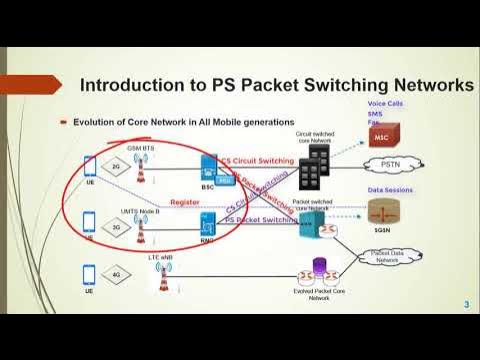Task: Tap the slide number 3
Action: click(x=465, y=303)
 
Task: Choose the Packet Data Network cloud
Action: click(x=385, y=257)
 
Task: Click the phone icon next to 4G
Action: click(x=88, y=272)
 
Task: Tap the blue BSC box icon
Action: click(x=209, y=167)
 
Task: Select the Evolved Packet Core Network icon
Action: click(x=321, y=270)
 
